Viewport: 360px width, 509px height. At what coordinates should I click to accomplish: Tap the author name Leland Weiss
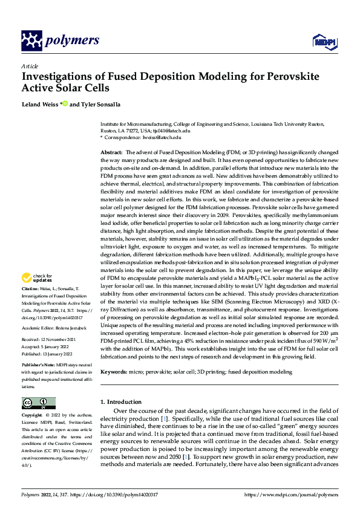pos(40,105)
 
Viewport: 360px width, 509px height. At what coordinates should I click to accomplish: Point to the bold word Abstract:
pos(111,152)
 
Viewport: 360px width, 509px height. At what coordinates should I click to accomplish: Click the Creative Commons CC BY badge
pos(38,403)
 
